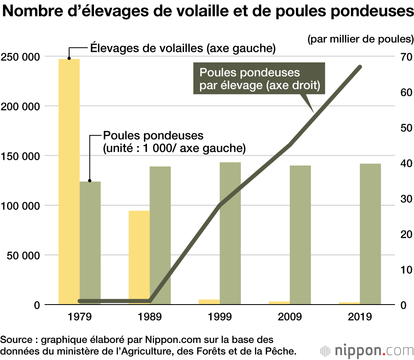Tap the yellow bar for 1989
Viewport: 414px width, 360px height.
(x=139, y=257)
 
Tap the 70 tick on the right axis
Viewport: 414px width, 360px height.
(x=404, y=57)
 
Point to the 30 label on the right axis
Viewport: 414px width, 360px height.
(x=404, y=199)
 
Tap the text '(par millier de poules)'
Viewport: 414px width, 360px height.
(x=360, y=39)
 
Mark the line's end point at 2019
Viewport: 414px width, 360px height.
(x=360, y=67)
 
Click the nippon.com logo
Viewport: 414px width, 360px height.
(x=367, y=350)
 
